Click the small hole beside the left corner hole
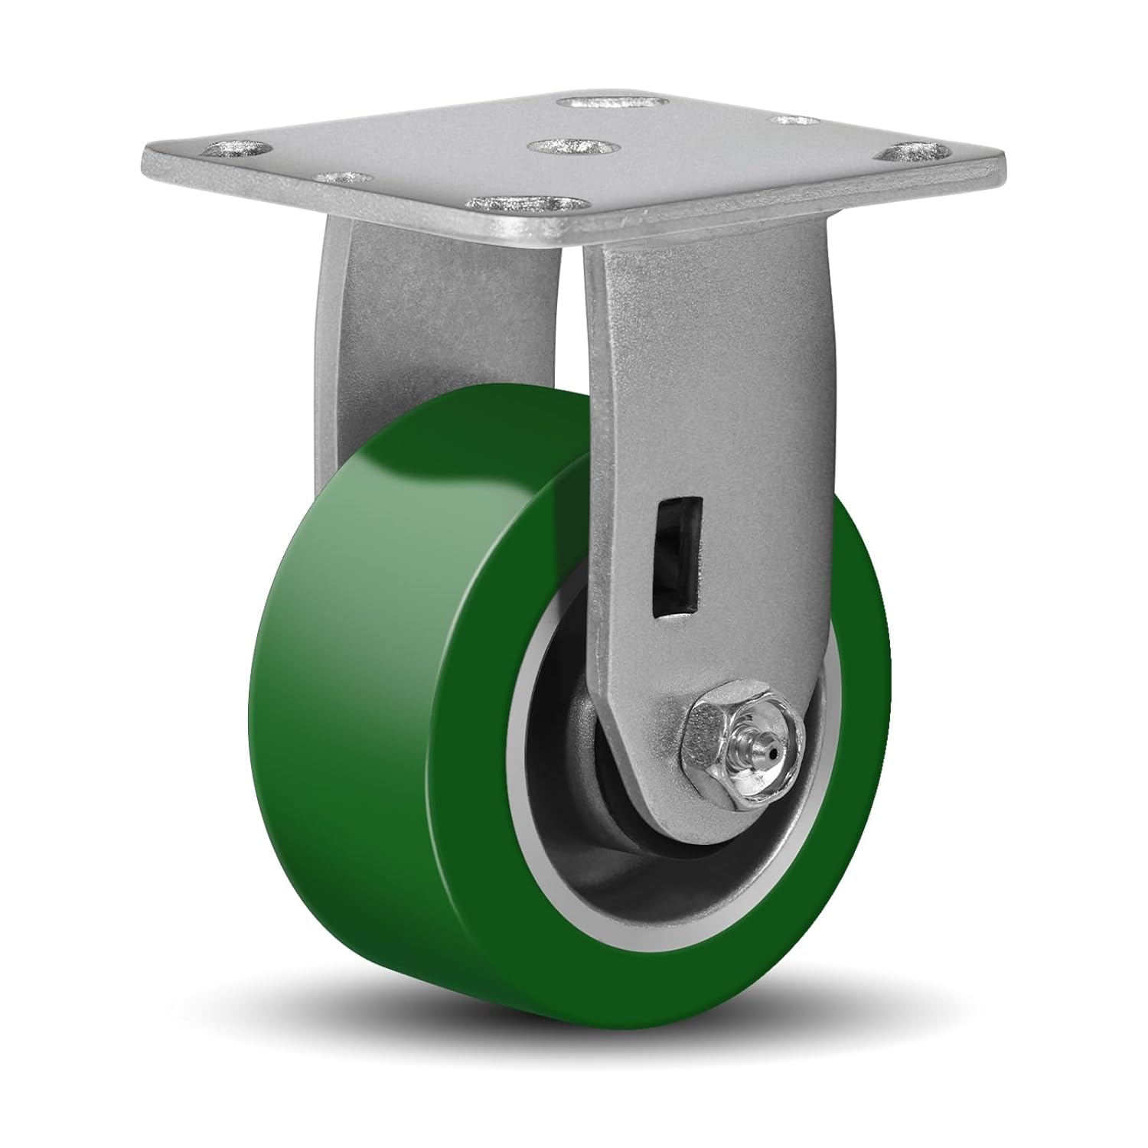click(x=338, y=177)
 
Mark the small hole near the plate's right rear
click(x=791, y=120)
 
